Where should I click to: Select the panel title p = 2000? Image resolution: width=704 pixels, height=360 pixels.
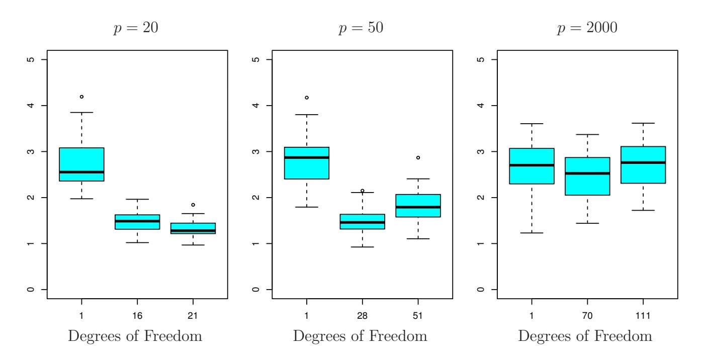pos(587,28)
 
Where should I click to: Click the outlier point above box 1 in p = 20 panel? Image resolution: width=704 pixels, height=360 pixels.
pos(81,97)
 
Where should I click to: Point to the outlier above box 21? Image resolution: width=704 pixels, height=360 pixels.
pos(193,205)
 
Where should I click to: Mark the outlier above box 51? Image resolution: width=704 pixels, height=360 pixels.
pos(418,158)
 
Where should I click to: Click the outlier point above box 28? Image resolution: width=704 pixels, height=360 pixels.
pos(362,191)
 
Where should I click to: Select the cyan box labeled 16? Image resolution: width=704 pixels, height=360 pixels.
pos(137,222)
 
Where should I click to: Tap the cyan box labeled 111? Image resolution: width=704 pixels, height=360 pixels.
pos(643,165)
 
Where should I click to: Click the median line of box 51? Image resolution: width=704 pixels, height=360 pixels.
pos(418,207)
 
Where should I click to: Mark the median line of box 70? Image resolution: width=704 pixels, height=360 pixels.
pos(587,173)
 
